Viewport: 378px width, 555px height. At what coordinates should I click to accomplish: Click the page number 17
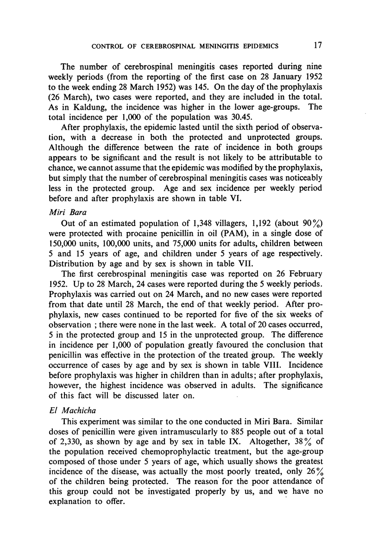(x=317, y=45)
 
